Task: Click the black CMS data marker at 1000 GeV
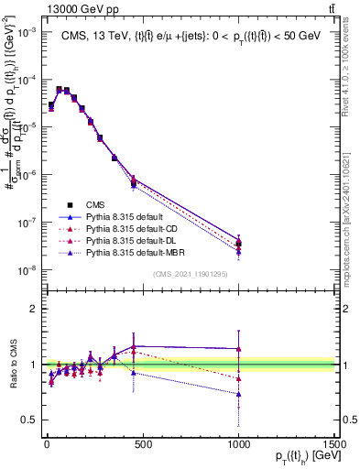click(238, 243)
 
